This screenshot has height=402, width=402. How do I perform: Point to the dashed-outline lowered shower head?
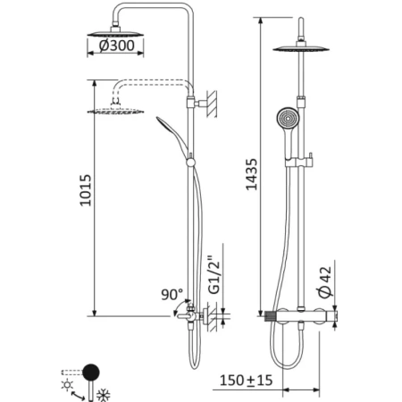(x=116, y=111)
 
